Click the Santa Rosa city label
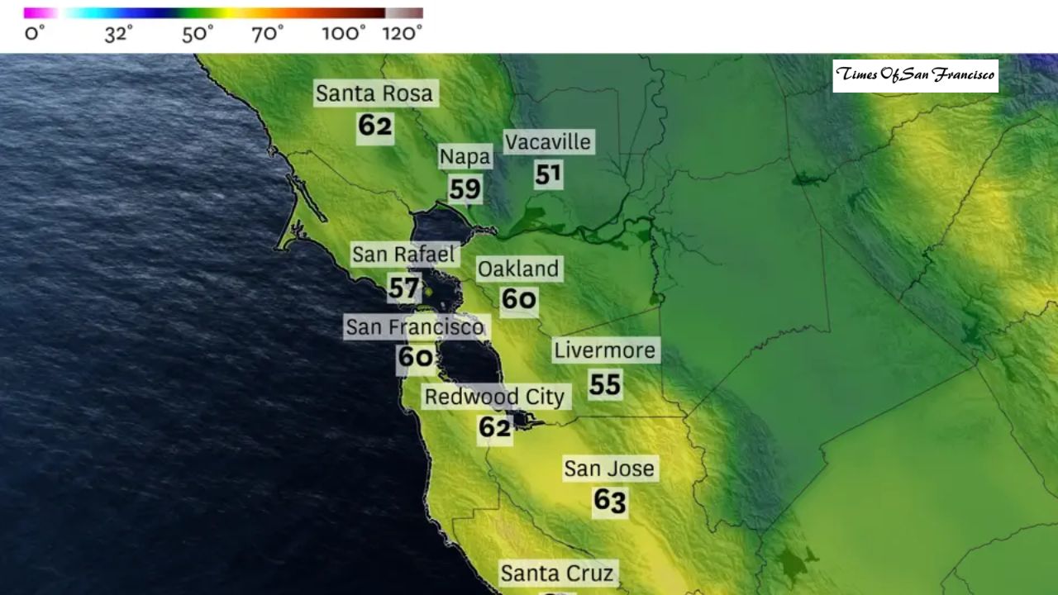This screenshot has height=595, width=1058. (374, 93)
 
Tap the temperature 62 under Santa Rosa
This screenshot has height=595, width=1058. (374, 126)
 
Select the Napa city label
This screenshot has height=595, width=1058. (465, 157)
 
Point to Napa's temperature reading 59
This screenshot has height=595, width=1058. (465, 189)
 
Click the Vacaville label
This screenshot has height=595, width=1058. (548, 142)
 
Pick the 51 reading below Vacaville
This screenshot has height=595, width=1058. (548, 174)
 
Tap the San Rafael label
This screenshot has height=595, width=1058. (403, 255)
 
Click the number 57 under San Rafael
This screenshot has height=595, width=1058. (403, 288)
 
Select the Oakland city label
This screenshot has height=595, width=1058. (519, 269)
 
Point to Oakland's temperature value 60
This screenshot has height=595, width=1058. (519, 299)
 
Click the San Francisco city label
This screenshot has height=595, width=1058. (414, 327)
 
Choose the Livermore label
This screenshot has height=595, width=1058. (605, 350)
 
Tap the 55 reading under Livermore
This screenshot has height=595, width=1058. (605, 383)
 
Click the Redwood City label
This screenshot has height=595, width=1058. (494, 397)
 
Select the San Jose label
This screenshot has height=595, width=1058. (609, 469)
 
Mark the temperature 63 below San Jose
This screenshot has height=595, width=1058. (609, 501)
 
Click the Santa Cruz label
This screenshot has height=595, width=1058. (557, 574)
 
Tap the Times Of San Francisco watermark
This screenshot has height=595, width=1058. (915, 75)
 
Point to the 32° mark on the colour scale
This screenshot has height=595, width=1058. (119, 34)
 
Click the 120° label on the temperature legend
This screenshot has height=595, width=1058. (403, 34)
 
